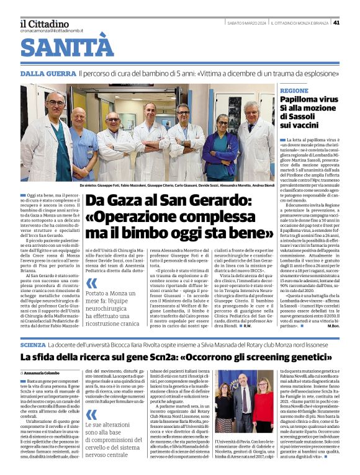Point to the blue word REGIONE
(294, 91)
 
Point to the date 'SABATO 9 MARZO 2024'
(246, 23)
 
